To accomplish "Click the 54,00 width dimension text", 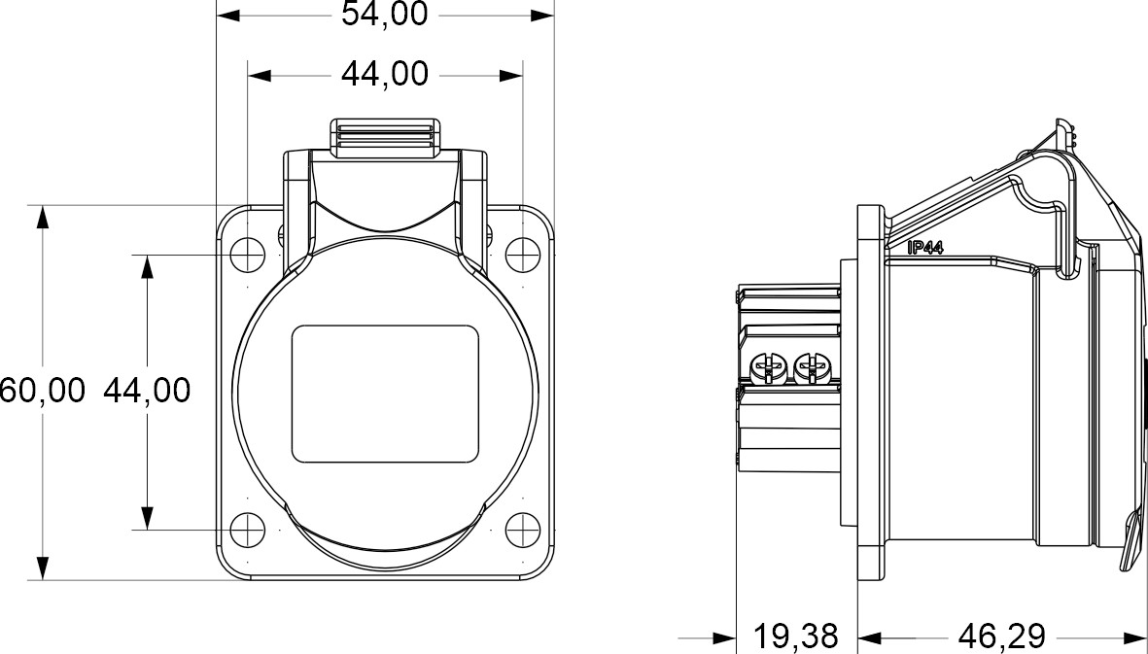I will (384, 16).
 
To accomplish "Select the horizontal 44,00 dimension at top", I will (384, 74).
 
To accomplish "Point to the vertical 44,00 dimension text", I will (146, 391).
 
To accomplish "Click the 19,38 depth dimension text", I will (796, 637).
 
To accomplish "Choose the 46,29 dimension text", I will (1001, 637).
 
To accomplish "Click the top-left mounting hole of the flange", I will (248, 255).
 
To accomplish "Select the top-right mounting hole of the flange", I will (523, 255).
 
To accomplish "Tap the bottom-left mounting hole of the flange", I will (248, 530).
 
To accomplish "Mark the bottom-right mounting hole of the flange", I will (523, 530).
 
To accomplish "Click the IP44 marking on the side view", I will (925, 248).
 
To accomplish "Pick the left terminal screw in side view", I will (768, 368).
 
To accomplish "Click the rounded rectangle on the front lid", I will (386, 394).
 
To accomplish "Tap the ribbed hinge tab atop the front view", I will (384, 138).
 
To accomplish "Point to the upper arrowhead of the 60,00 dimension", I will (42, 217).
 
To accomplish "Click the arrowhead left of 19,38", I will (723, 638).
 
